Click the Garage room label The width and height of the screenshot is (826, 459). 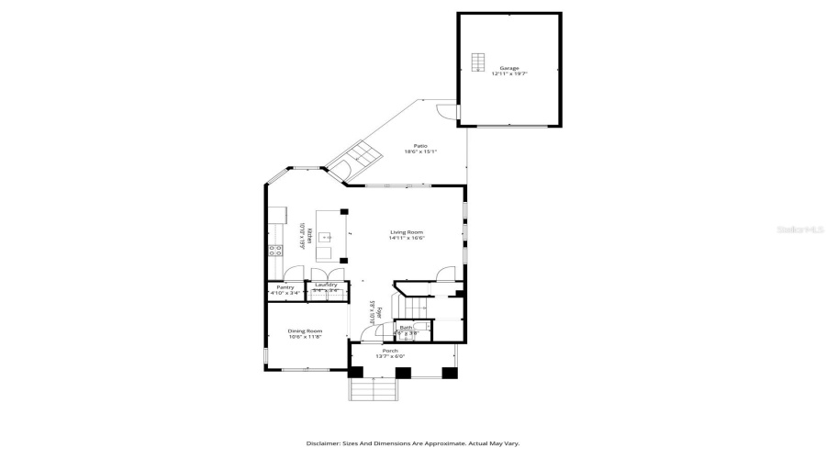[x=509, y=68]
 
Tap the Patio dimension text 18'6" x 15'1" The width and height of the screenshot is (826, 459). [x=420, y=152]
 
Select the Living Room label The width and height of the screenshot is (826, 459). [x=406, y=232]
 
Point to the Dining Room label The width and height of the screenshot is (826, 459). [x=305, y=330]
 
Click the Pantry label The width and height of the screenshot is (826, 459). [x=285, y=287]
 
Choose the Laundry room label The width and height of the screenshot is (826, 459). [x=326, y=285]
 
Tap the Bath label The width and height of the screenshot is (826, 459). [x=406, y=328]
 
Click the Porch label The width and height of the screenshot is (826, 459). [x=391, y=351]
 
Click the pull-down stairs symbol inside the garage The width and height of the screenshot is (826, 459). [x=478, y=62]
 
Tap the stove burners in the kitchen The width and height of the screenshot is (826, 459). [x=274, y=251]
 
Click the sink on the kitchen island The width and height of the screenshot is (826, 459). [x=324, y=237]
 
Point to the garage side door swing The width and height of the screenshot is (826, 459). [x=445, y=110]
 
